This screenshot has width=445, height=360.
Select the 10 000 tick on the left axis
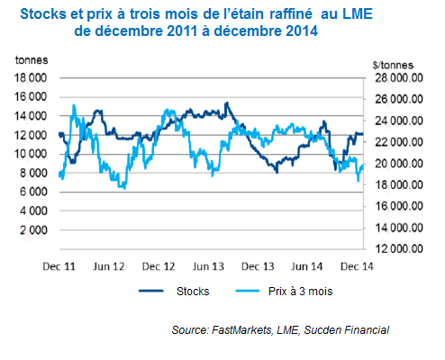(x=33, y=154)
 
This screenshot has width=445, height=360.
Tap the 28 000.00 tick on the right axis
(x=398, y=78)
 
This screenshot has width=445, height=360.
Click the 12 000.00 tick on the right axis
(x=398, y=249)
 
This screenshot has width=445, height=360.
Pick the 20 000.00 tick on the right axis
(x=398, y=164)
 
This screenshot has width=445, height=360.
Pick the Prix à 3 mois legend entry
(x=298, y=292)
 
